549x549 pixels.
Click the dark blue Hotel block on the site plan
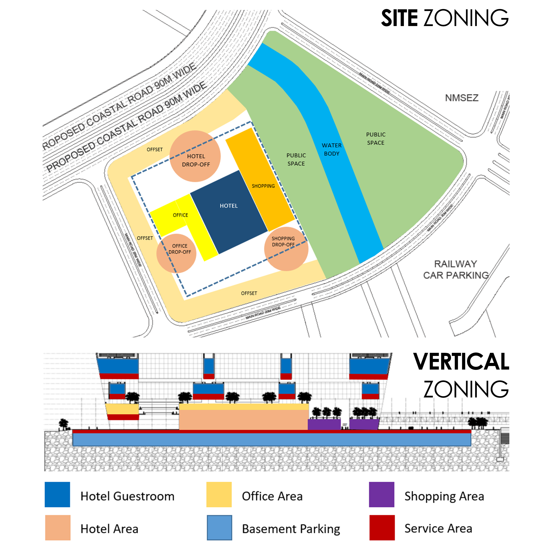click(x=229, y=212)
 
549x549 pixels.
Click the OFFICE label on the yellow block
click(x=180, y=215)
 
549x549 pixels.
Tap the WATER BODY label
click(x=332, y=150)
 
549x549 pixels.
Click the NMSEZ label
click(x=461, y=98)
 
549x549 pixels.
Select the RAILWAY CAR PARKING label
click(x=456, y=269)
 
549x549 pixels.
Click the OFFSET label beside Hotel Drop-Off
click(x=155, y=150)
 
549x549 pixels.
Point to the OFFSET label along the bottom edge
click(x=249, y=293)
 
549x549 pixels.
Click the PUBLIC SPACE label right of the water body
click(x=376, y=139)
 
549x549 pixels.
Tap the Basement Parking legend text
click(x=291, y=529)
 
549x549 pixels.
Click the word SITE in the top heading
click(x=399, y=18)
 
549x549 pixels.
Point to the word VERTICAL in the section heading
click(x=461, y=362)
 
